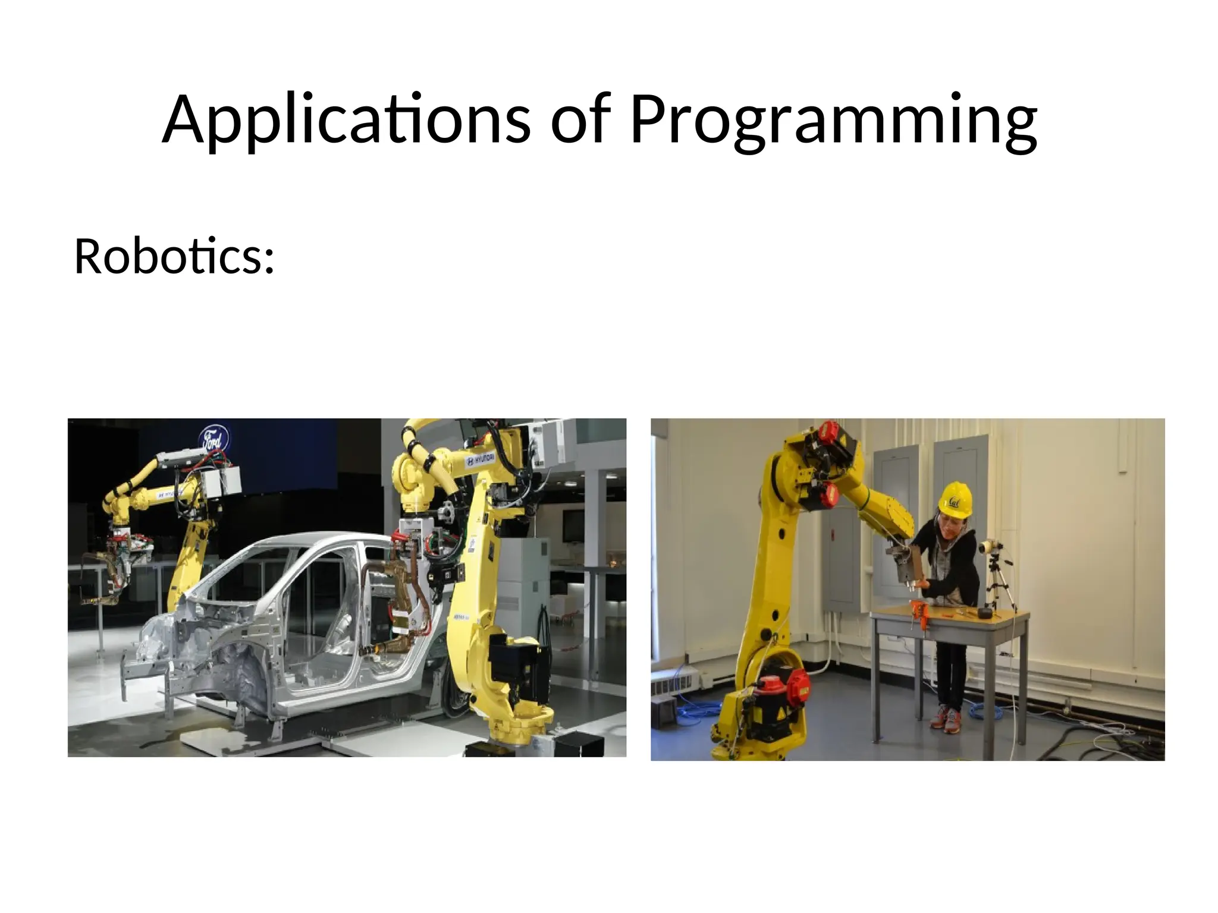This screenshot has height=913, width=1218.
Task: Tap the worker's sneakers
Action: click(x=946, y=717)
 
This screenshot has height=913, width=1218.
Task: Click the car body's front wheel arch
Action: click(x=238, y=666)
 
